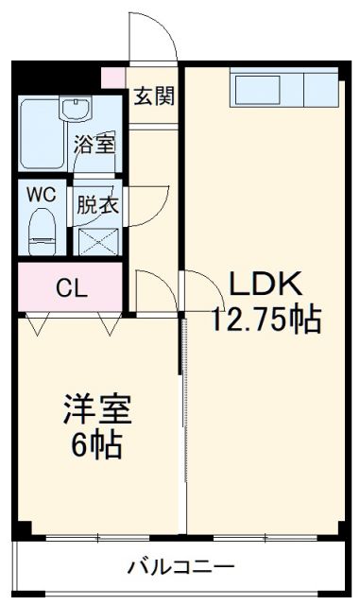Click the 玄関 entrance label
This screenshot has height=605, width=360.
[x=152, y=95]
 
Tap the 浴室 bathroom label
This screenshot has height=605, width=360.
[x=95, y=146]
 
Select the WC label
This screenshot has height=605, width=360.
[x=41, y=194]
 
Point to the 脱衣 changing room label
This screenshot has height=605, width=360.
[x=97, y=204]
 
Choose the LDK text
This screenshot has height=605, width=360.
[x=264, y=284]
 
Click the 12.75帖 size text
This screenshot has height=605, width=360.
[x=266, y=320]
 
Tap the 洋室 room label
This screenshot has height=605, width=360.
[x=97, y=410]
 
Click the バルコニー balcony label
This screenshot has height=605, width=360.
[x=181, y=568]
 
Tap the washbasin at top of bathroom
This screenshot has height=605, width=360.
[x=75, y=109]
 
